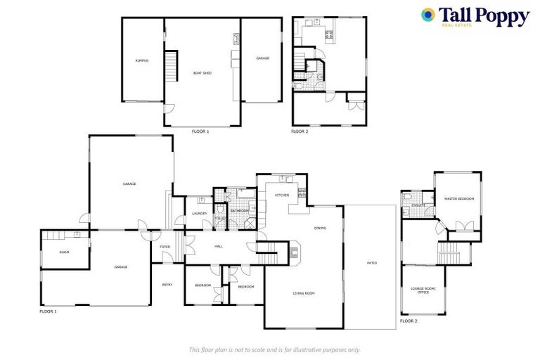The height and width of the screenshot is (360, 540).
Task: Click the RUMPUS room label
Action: [141, 60]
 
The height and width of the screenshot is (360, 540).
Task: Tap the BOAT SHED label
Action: [202, 73]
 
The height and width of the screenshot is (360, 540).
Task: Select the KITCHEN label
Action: [282, 195]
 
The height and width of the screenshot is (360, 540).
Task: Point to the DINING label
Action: [320, 228]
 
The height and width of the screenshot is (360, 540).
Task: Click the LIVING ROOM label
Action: [304, 293]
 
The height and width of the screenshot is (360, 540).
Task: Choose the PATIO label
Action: [372, 263]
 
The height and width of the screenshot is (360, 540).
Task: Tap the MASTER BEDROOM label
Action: [459, 199]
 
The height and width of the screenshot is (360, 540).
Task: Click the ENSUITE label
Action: [418, 205]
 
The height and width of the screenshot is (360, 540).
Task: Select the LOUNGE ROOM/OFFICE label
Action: [424, 290]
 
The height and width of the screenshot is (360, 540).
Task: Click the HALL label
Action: [219, 246]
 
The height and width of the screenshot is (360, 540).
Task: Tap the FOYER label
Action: [165, 247]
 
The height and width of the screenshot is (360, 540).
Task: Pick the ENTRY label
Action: [167, 284]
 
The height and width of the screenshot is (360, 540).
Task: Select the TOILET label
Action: [220, 218]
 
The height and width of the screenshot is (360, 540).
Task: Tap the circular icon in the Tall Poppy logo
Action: [427, 14]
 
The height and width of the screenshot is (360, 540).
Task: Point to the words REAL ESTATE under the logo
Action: [456, 26]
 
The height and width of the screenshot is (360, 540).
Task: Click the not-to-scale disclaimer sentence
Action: [274, 349]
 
